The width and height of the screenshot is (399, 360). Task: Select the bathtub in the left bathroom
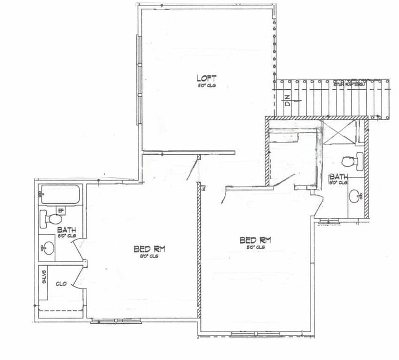(60, 195)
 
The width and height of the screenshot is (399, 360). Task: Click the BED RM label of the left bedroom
(149, 248)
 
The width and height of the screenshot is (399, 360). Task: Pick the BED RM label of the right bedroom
(254, 240)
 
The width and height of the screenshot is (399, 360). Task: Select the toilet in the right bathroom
(349, 162)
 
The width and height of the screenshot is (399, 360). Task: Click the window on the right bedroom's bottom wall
(256, 334)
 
